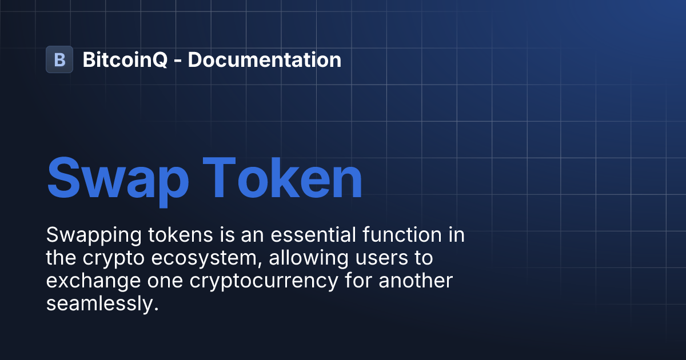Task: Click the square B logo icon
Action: [x=59, y=59]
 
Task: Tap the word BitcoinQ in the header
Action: [x=125, y=59]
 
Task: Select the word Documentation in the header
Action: [x=264, y=59]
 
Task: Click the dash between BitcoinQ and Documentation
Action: [x=178, y=61]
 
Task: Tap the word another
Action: [x=414, y=281]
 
